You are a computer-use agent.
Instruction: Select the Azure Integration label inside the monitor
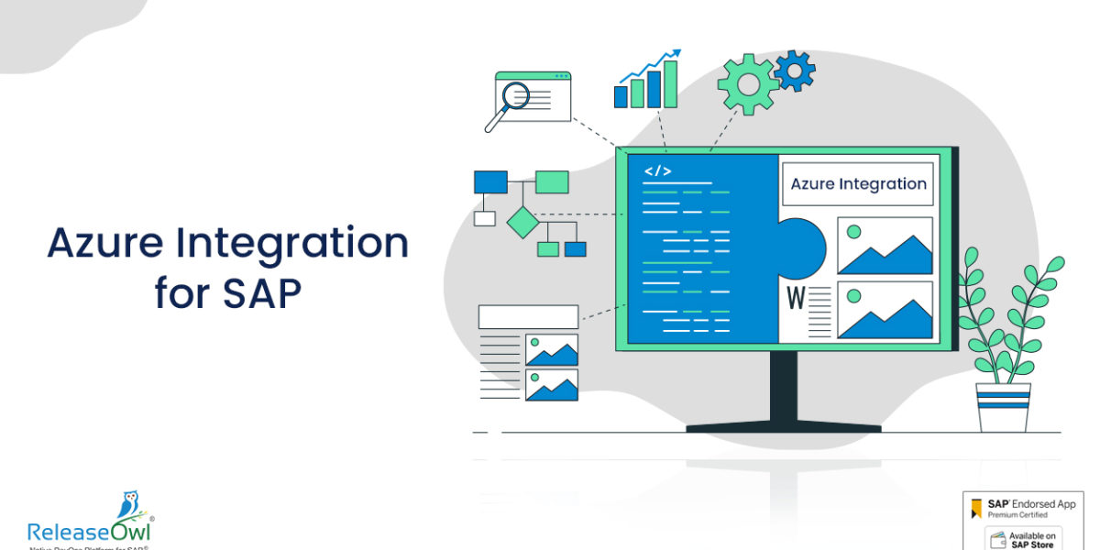[858, 183]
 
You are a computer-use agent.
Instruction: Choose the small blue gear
[794, 70]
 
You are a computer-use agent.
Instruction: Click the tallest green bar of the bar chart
[671, 84]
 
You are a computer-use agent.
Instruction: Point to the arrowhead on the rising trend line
[676, 54]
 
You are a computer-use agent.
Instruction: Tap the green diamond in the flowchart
[522, 222]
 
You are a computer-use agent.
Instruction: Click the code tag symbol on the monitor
[658, 171]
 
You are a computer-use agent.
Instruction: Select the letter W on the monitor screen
[795, 298]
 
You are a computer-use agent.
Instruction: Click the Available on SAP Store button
[1023, 539]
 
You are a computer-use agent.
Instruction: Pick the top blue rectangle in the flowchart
[490, 181]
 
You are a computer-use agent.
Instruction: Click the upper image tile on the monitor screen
[885, 246]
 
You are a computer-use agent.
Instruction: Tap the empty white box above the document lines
[528, 316]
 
